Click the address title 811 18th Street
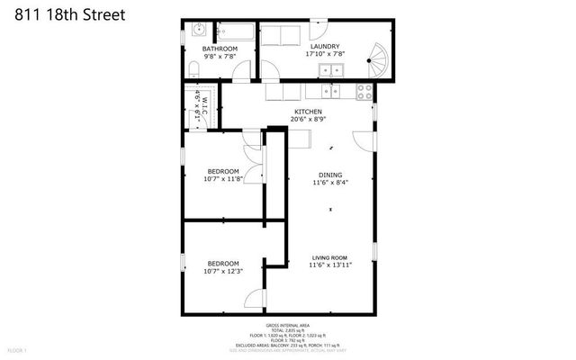pyautogui.click(x=62, y=15)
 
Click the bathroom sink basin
pyautogui.click(x=196, y=30)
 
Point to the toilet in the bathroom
pyautogui.click(x=194, y=68)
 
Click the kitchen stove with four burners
pyautogui.click(x=365, y=91)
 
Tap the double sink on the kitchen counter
pyautogui.click(x=329, y=91)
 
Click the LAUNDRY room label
pyautogui.click(x=324, y=46)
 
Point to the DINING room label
pyautogui.click(x=330, y=175)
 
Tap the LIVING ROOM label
pyautogui.click(x=330, y=257)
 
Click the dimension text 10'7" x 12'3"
pyautogui.click(x=222, y=271)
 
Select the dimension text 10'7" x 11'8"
pyautogui.click(x=222, y=179)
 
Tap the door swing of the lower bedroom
pyautogui.click(x=256, y=301)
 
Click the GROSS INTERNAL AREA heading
pyautogui.click(x=287, y=325)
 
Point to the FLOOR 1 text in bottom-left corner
pyautogui.click(x=17, y=349)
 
